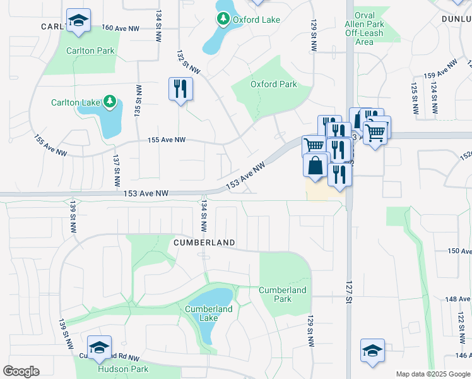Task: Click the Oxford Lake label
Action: point(256,20)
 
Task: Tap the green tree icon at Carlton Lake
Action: point(110,101)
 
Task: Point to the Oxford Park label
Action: point(273,84)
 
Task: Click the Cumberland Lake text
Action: point(208,313)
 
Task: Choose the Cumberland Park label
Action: point(283,294)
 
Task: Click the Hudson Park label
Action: point(123,369)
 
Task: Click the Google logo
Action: point(21,371)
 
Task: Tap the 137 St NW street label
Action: point(116,171)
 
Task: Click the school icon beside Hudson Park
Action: point(99,348)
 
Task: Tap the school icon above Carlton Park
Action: point(78,21)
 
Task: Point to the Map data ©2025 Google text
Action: point(432,374)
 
